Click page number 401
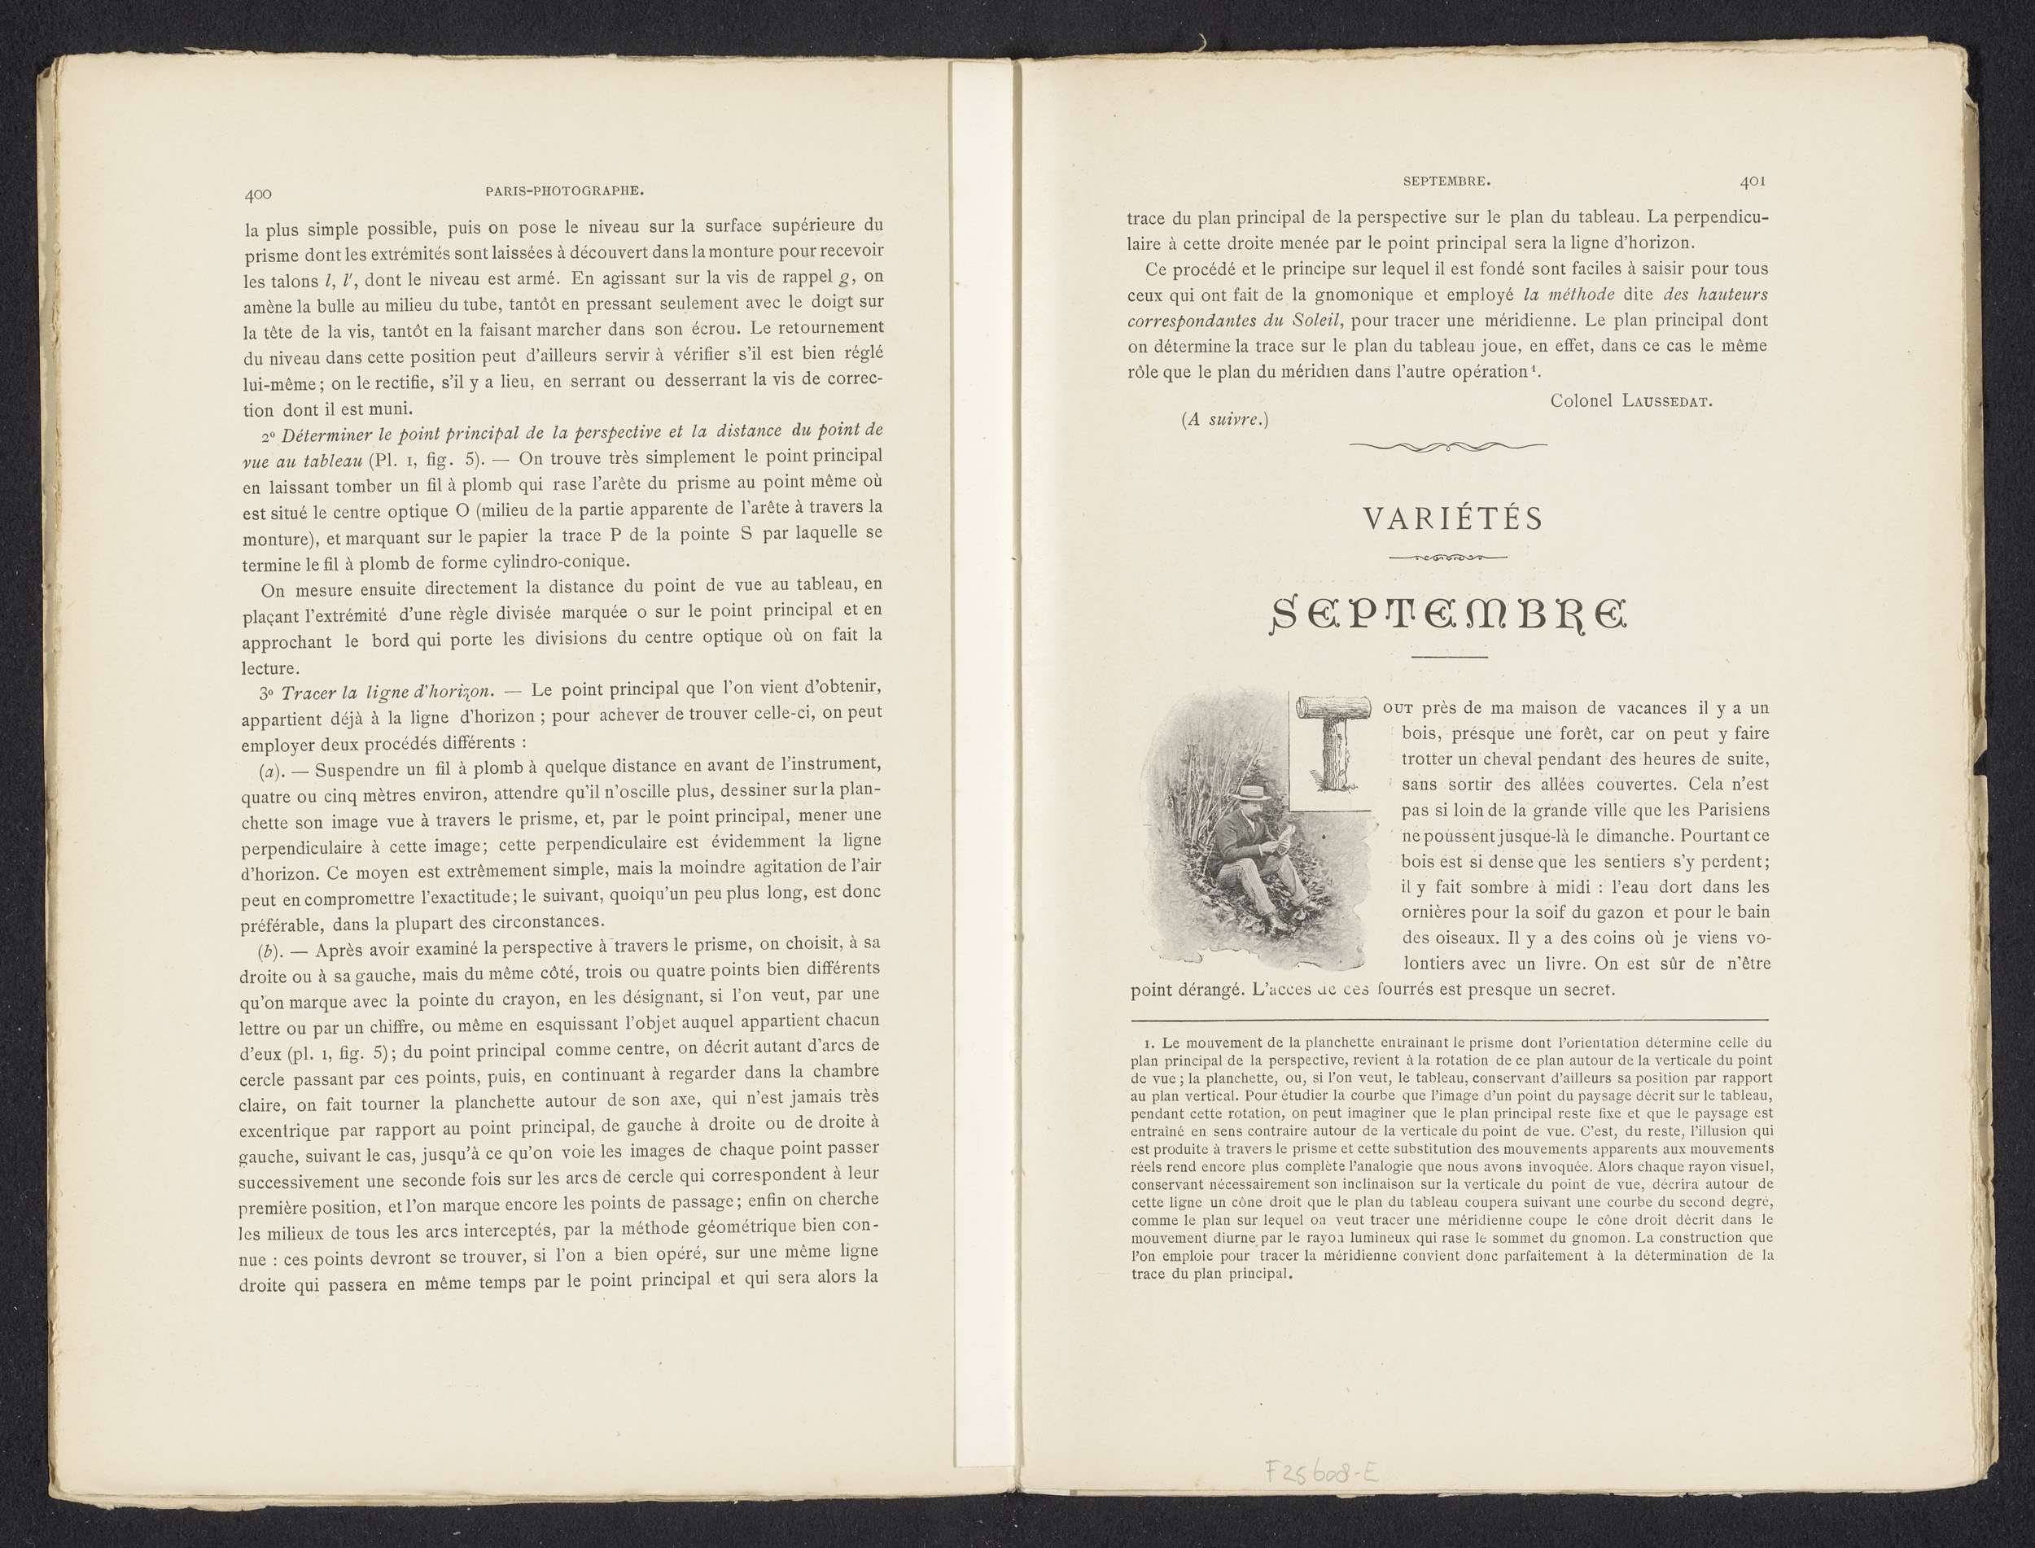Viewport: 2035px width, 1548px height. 1752,181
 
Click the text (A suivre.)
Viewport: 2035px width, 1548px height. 1225,420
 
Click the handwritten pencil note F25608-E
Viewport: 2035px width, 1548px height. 1323,1472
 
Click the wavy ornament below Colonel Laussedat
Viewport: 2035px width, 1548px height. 1448,447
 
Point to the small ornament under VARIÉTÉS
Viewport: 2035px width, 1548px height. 1448,558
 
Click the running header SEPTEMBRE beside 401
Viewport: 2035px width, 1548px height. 1446,182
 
